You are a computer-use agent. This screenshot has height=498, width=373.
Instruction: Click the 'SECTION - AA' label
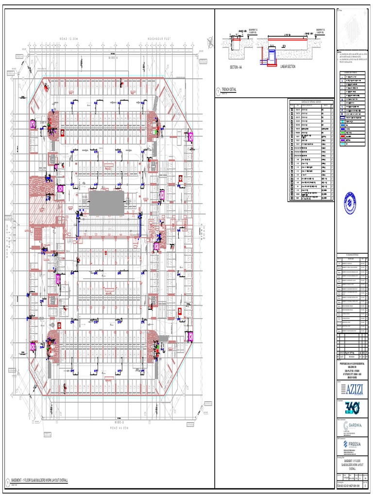pyautogui.click(x=238, y=66)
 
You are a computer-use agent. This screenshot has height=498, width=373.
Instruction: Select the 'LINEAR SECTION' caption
pyautogui.click(x=288, y=66)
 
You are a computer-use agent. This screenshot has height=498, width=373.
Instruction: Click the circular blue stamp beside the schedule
pyautogui.click(x=350, y=201)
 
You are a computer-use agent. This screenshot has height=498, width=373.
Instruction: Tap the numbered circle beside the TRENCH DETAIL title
pyautogui.click(x=218, y=89)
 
